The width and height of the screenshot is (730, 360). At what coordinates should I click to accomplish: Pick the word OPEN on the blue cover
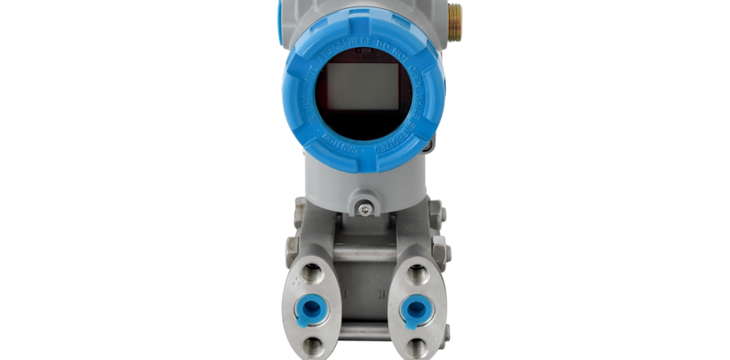(x=406, y=60)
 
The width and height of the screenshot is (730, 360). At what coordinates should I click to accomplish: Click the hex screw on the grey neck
(x=366, y=210)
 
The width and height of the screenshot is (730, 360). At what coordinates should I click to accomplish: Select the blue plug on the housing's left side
(x=279, y=12)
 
